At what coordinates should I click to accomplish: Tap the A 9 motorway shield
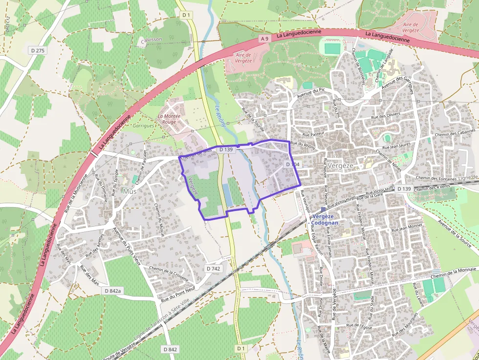point(264,39)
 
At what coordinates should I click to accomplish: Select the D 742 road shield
point(213,269)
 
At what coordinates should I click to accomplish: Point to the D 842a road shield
point(112,291)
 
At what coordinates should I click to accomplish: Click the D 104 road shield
point(292,165)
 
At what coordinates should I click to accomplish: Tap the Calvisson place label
point(151,40)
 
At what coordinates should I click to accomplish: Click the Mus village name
point(130,191)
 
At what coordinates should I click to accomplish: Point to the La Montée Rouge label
point(169,119)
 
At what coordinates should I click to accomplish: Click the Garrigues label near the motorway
point(144,126)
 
